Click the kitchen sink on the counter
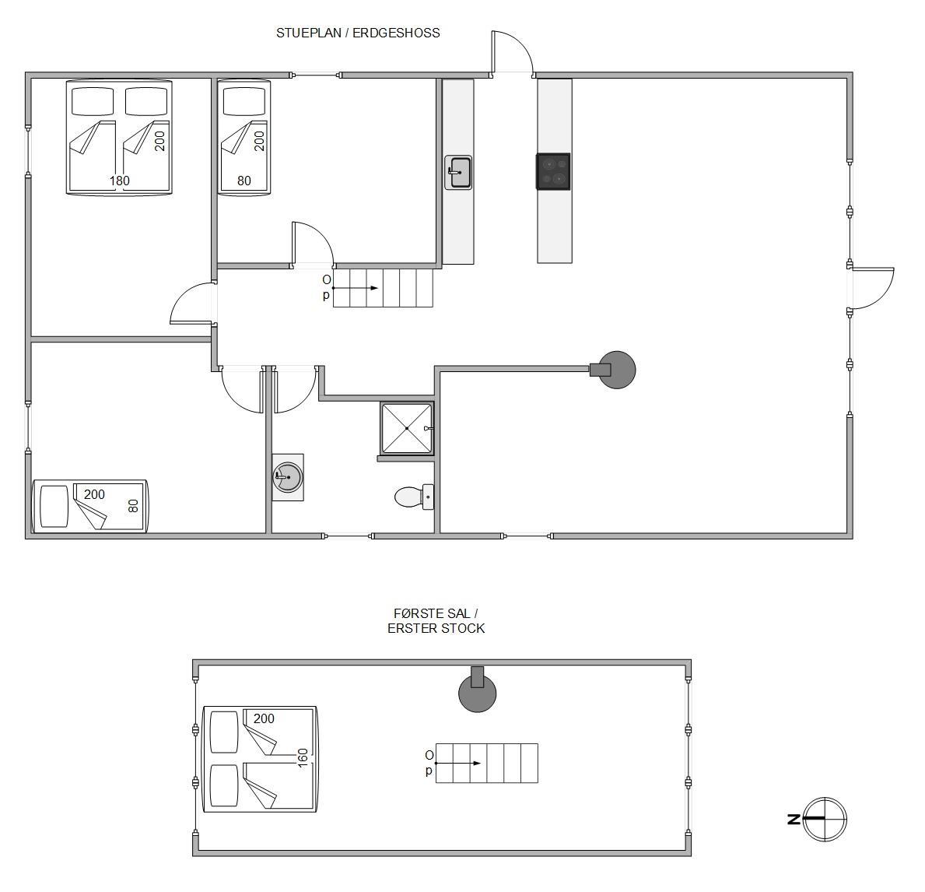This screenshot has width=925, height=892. tap(457, 172)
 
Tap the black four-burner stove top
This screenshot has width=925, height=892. tap(553, 171)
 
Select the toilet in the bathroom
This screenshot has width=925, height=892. tap(414, 497)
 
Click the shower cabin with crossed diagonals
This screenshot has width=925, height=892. tap(407, 429)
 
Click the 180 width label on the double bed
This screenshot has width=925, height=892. tap(119, 181)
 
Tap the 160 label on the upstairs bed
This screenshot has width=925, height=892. tap(303, 758)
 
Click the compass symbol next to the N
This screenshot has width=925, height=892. tap(825, 819)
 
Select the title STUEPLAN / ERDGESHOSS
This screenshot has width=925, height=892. tap(358, 33)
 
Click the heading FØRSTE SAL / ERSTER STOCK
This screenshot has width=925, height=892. tap(436, 621)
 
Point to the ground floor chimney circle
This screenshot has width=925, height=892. tap(617, 370)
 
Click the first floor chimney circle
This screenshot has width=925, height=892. tap(477, 693)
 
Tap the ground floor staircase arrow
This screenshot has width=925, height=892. tap(355, 288)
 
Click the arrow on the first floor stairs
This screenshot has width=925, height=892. tap(457, 764)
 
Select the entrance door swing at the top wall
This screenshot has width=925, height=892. tap(512, 52)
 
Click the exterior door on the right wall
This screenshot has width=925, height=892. tap(872, 288)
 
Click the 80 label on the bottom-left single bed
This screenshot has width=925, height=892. tap(133, 506)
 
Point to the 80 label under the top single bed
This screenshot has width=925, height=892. tap(244, 181)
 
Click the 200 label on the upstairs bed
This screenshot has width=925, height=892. tap(264, 718)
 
